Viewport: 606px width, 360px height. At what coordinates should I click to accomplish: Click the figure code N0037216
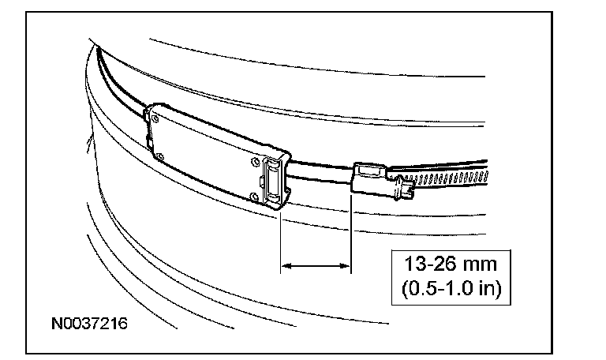click(88, 324)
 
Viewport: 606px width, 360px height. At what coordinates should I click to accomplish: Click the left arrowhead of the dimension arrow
click(286, 268)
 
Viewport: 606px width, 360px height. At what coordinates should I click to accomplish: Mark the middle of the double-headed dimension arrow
click(316, 268)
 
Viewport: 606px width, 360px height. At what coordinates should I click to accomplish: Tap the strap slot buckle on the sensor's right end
click(273, 179)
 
